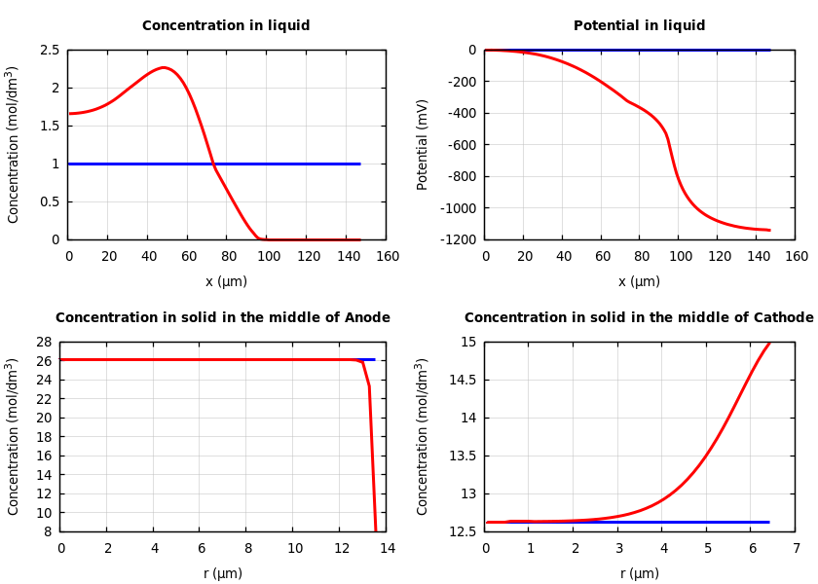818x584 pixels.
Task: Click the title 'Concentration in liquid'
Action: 226,26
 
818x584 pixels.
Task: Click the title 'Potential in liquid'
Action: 639,26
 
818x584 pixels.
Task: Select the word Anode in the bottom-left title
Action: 368,318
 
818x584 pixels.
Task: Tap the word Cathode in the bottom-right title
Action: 782,318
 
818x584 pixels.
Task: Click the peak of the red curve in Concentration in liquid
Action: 164,68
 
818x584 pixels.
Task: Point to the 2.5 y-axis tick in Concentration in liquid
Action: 50,51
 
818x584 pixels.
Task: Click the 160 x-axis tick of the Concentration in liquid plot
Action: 387,257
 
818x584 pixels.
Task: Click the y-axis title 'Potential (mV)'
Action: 423,144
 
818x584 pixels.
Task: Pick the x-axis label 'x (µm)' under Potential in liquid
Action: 639,282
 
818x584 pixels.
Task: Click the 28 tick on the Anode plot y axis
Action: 43,343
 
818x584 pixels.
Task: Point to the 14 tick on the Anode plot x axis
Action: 387,549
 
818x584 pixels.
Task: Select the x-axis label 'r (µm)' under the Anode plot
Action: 223,574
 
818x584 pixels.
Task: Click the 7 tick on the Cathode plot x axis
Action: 796,549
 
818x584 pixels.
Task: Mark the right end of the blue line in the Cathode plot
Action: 768,522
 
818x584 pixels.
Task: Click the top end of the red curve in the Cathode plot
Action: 769,343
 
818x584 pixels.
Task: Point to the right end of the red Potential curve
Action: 769,231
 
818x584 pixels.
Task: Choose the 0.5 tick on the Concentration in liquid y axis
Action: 50,202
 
